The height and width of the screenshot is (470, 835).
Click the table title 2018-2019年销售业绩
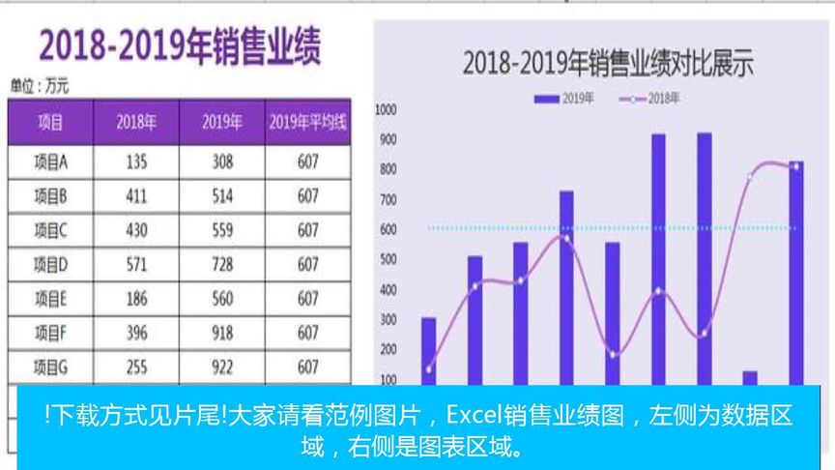(x=180, y=47)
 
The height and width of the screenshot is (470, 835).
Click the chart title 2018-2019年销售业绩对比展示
(x=608, y=65)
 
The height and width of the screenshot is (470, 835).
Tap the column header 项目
(x=50, y=123)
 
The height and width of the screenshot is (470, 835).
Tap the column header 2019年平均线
(x=307, y=123)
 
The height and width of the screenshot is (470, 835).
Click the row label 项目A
(x=50, y=162)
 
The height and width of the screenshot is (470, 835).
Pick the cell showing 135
(x=136, y=162)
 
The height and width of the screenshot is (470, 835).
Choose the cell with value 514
(x=222, y=196)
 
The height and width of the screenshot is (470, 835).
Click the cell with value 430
(x=136, y=231)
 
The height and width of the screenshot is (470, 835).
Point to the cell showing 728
(x=222, y=265)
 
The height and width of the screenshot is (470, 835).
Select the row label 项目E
(x=50, y=300)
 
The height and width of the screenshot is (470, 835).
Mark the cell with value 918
(x=222, y=334)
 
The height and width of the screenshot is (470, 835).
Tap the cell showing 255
(x=136, y=367)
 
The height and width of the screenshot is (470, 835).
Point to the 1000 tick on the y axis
(x=387, y=110)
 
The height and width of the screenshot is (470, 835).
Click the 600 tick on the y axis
(x=389, y=230)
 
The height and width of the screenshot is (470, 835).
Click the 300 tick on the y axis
(x=389, y=320)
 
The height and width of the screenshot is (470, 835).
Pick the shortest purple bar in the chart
(x=750, y=377)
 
